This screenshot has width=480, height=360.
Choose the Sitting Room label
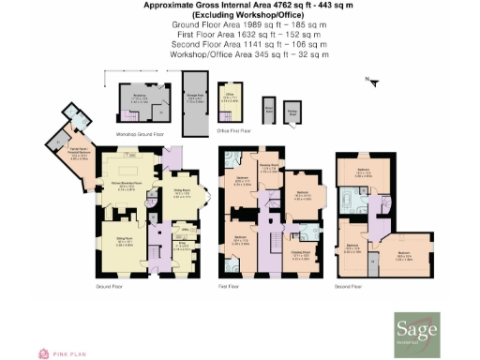pyautogui.click(x=123, y=242)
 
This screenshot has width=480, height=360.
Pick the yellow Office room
pyautogui.click(x=227, y=100)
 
